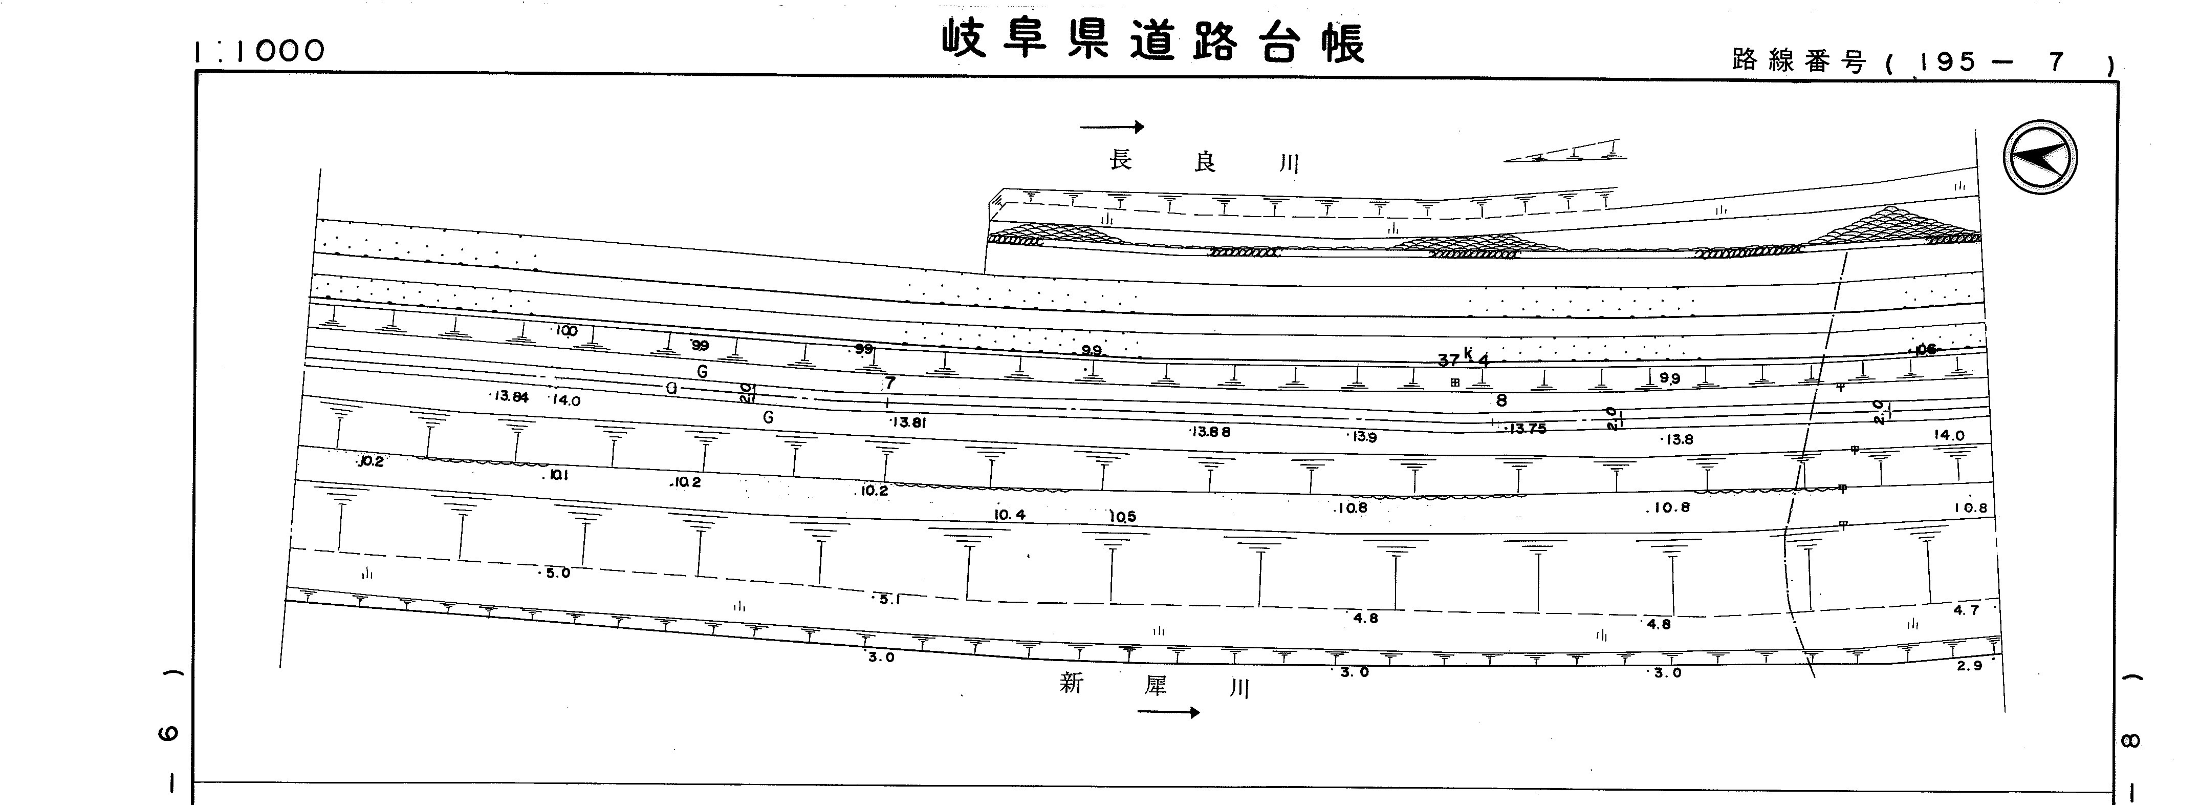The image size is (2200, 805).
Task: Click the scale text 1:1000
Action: (x=259, y=51)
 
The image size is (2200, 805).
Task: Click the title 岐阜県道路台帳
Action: (x=1153, y=41)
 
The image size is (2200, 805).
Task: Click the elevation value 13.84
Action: (x=511, y=396)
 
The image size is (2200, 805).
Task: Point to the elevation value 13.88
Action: (x=1211, y=432)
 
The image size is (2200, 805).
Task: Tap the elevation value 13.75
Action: (x=1527, y=429)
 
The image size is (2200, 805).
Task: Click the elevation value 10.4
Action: (x=1010, y=515)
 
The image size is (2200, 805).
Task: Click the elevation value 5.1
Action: (x=889, y=600)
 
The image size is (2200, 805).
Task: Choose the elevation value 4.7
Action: (x=1965, y=610)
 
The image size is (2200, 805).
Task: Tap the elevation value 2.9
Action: (x=1969, y=666)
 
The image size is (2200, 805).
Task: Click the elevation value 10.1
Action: (x=555, y=475)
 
